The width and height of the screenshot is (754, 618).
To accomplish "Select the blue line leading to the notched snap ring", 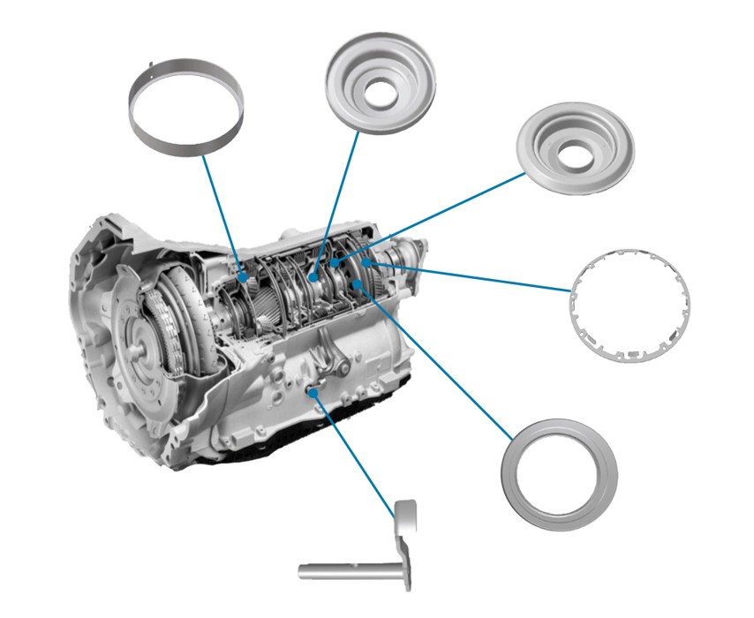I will coord(477,275).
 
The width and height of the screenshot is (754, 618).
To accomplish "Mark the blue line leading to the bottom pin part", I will coord(353,450).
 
